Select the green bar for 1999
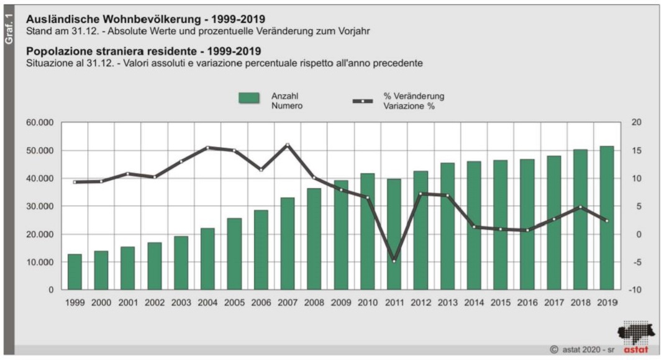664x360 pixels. [75, 272]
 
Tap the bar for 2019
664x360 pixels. [607, 218]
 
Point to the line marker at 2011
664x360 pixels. [394, 261]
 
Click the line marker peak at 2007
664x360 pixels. [288, 145]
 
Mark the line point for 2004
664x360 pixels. [207, 148]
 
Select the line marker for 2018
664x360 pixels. [580, 207]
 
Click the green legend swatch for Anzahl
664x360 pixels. [249, 98]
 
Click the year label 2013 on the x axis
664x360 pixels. [447, 302]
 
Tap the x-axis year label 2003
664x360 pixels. [181, 302]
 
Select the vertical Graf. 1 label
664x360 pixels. [9, 28]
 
